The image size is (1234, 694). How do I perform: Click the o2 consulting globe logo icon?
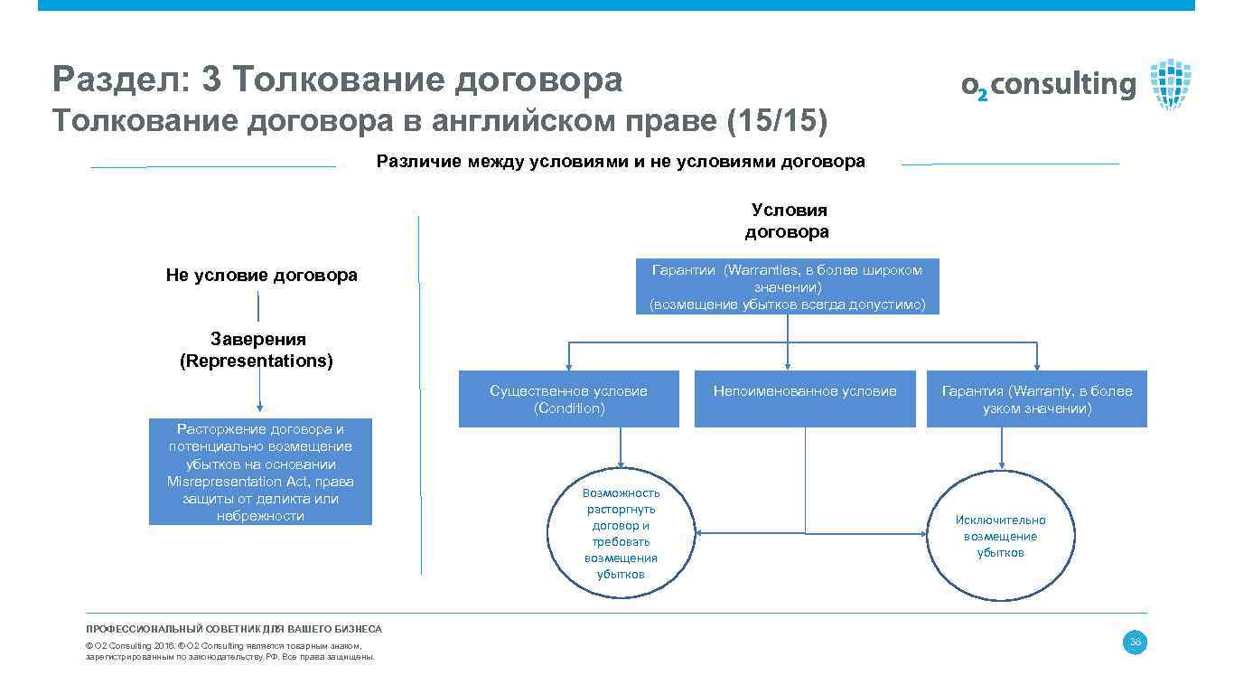[1171, 84]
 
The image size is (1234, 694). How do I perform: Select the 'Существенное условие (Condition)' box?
[568, 399]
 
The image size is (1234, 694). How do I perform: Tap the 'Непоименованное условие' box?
[804, 399]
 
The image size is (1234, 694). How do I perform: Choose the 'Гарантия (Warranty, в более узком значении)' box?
[1036, 399]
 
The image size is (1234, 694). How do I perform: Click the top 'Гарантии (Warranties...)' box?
[787, 286]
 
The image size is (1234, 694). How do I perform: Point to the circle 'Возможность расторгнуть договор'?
[621, 532]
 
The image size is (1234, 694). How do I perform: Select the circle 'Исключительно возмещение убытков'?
[1000, 536]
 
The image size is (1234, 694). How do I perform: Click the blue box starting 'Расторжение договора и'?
[260, 473]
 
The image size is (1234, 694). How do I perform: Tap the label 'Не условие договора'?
[261, 275]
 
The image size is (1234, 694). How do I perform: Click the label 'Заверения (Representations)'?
[257, 351]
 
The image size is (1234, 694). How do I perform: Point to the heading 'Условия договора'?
[787, 221]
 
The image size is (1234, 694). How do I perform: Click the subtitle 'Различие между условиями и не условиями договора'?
[620, 162]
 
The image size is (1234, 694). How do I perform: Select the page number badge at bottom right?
[1135, 642]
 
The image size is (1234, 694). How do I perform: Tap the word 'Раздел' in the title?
[113, 80]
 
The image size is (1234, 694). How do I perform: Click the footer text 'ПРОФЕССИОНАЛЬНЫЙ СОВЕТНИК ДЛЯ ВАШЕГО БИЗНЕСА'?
[234, 629]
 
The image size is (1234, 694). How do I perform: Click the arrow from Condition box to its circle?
[621, 446]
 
